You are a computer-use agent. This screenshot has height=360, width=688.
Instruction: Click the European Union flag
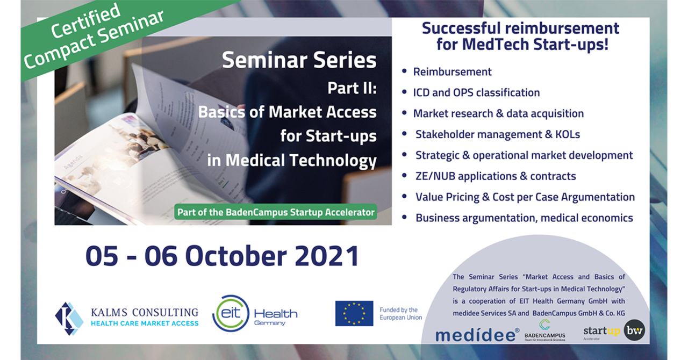(x=354, y=313)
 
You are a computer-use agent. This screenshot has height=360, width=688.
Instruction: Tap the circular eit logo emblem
(x=231, y=313)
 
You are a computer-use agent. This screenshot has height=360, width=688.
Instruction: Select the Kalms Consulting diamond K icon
(x=69, y=319)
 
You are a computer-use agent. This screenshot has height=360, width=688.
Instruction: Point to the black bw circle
(x=635, y=330)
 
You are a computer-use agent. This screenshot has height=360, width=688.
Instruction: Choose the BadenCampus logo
(x=545, y=330)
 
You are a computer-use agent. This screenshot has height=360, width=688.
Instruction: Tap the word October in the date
(x=236, y=256)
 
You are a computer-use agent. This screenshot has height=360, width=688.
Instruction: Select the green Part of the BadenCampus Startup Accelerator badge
(x=276, y=212)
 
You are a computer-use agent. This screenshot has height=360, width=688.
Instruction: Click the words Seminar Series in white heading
(x=299, y=60)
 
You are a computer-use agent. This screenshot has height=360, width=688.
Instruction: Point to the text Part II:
(x=352, y=88)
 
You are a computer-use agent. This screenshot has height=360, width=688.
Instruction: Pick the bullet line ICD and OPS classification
(x=476, y=92)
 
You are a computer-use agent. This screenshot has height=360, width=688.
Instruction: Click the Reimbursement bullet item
(x=452, y=71)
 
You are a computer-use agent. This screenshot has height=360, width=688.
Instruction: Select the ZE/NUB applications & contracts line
(x=496, y=176)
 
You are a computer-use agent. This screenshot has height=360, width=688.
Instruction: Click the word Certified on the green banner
(x=85, y=20)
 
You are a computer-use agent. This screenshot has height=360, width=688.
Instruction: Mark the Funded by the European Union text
(x=401, y=314)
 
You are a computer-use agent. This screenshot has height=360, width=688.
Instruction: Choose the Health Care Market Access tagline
(x=145, y=323)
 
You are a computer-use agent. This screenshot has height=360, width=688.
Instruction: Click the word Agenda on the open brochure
(x=73, y=162)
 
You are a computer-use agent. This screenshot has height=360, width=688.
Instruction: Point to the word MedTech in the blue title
(x=496, y=44)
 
